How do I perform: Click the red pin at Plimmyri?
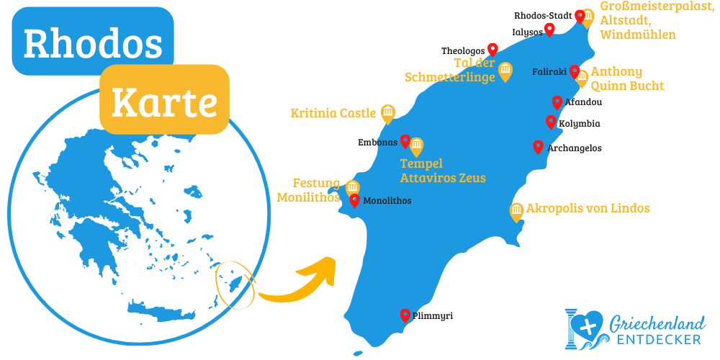tap(405, 315)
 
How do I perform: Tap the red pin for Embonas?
tap(405, 140)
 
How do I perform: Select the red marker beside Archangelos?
tap(538, 146)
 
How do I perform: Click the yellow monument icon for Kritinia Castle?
tap(388, 112)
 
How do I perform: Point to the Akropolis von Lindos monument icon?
tap(516, 210)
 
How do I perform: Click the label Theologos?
tap(463, 51)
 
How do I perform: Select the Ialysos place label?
tap(526, 32)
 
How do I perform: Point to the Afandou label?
tap(583, 102)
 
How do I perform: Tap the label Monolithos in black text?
tap(387, 201)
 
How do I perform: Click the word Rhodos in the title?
tap(93, 43)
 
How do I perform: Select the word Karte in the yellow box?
tap(164, 103)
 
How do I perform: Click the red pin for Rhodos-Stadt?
tap(580, 16)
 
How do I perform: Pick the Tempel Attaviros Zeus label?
tap(443, 171)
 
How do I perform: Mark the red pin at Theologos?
tap(492, 49)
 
